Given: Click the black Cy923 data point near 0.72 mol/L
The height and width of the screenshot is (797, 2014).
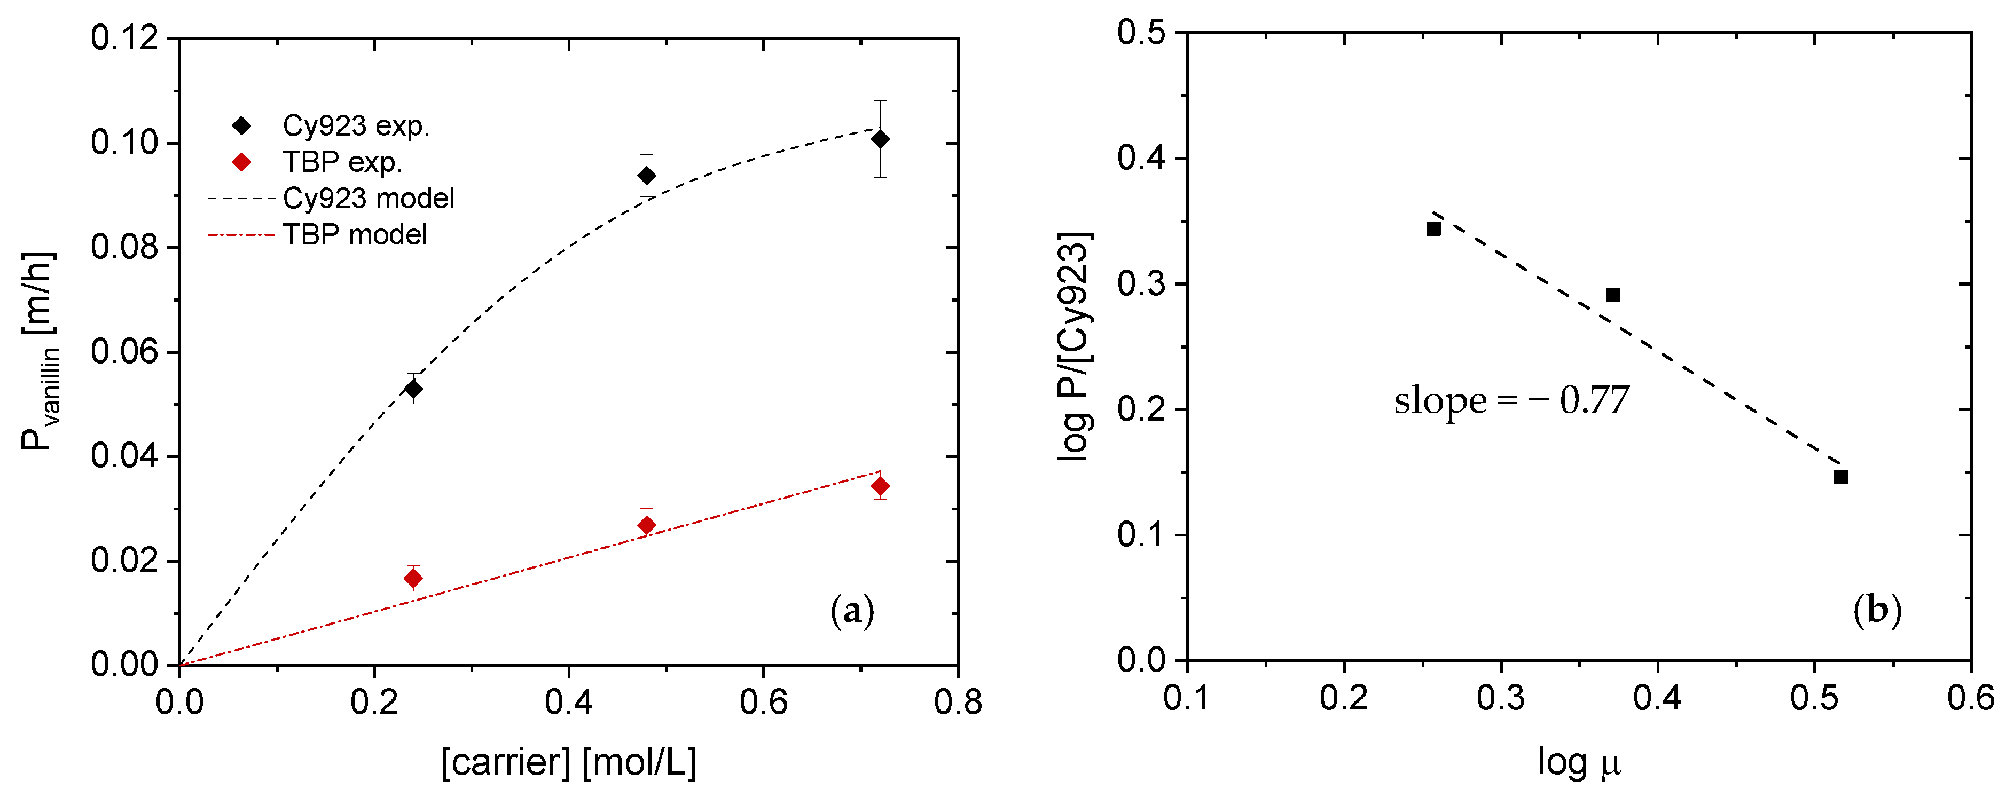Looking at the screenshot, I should pyautogui.click(x=880, y=139).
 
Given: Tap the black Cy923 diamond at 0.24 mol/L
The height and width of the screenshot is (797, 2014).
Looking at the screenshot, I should pyautogui.click(x=413, y=388).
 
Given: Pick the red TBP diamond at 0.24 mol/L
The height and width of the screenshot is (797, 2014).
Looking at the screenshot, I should pyautogui.click(x=413, y=578).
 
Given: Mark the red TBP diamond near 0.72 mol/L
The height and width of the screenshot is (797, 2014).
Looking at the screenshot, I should pyautogui.click(x=880, y=486).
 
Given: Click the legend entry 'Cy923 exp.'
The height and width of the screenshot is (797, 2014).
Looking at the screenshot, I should pyautogui.click(x=356, y=126).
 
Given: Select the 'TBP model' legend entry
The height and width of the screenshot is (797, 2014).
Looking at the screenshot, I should pyautogui.click(x=354, y=234).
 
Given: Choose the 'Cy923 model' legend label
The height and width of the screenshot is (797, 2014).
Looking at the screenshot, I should pyautogui.click(x=368, y=199).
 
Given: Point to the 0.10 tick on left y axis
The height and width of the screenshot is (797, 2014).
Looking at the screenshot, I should pyautogui.click(x=123, y=143).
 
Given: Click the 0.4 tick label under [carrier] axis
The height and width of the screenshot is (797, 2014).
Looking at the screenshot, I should pyautogui.click(x=568, y=701).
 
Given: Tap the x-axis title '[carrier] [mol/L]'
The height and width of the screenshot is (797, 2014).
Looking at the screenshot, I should pyautogui.click(x=568, y=762).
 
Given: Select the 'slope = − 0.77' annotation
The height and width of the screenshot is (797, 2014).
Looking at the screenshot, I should pyautogui.click(x=1511, y=401).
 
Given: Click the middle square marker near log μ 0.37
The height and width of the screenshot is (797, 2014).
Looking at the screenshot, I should pyautogui.click(x=1613, y=295).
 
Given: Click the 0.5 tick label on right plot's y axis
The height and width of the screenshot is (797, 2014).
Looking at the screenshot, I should pyautogui.click(x=1141, y=33).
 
